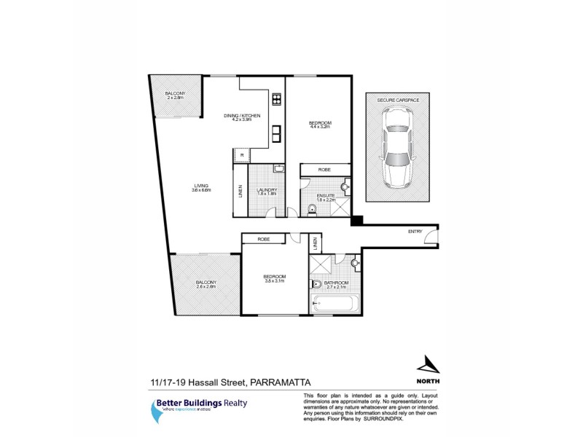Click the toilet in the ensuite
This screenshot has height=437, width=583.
click(x=312, y=210)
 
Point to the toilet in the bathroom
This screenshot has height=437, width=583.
click(x=316, y=283)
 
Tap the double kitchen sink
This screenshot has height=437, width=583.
click(x=277, y=134)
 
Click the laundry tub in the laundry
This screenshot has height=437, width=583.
click(x=278, y=170)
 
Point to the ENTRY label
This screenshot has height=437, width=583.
click(x=415, y=232)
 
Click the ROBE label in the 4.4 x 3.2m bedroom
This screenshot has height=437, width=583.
click(x=324, y=169)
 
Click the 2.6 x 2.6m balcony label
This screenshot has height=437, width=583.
click(x=206, y=284)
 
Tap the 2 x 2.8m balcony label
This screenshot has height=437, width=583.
click(x=174, y=95)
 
